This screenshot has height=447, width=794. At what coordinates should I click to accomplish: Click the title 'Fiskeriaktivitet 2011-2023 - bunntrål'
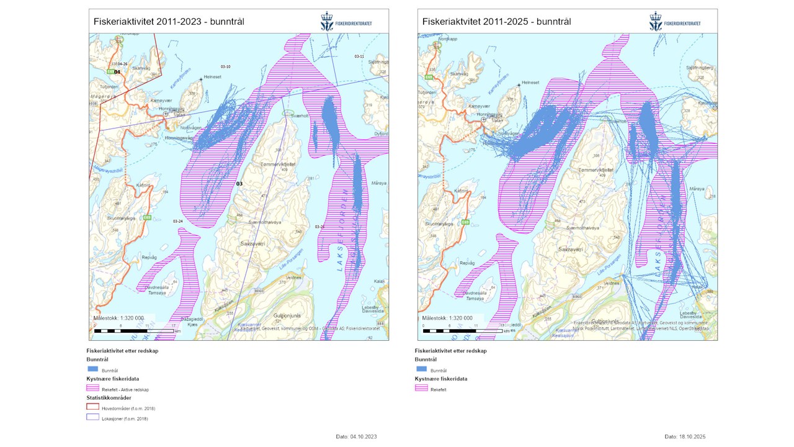[x=169, y=21]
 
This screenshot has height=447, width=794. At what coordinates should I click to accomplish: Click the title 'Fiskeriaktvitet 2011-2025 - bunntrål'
[x=497, y=21]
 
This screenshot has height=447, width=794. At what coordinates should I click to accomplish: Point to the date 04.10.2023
[x=356, y=436]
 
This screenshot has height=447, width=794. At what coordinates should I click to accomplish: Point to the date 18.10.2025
[x=685, y=436]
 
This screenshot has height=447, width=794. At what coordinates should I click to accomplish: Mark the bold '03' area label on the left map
[x=239, y=184]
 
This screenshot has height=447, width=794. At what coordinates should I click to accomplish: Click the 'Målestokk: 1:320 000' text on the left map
[x=118, y=317]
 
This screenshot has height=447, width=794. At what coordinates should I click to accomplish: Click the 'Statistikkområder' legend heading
[x=109, y=398]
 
